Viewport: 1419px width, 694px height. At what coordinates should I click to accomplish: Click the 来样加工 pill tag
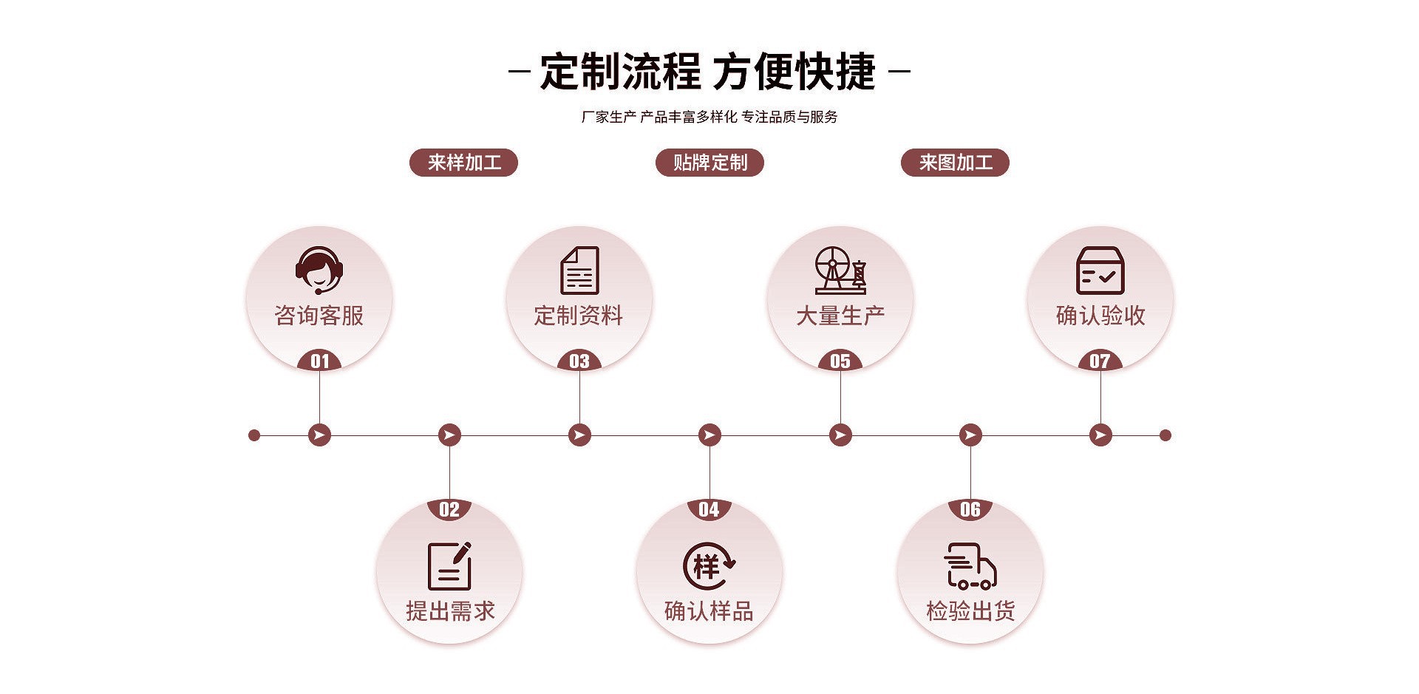(463, 163)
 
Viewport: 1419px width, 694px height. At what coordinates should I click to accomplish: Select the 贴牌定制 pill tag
(709, 163)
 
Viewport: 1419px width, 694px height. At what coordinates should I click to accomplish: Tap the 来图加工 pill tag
(955, 163)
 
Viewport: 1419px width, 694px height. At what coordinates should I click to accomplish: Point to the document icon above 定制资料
(579, 271)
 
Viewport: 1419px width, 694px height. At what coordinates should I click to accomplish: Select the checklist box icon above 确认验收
(1100, 271)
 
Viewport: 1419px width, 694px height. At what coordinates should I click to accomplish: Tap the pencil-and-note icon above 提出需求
(449, 566)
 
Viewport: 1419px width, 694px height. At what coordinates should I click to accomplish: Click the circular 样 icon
(709, 566)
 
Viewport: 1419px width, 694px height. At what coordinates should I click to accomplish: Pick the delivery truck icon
(970, 566)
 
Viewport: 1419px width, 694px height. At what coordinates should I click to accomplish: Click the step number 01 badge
(319, 361)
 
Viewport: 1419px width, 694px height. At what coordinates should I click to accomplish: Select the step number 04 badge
(709, 509)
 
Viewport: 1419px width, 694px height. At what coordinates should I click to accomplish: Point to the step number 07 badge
(1100, 361)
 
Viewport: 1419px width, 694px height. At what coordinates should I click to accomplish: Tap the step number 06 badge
(970, 509)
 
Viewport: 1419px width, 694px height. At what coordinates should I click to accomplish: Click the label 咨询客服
(319, 316)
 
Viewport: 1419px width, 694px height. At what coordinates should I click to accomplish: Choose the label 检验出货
(970, 611)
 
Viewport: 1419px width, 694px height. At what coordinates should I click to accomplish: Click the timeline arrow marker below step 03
(579, 435)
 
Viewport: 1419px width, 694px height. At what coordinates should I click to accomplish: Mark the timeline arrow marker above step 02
(449, 435)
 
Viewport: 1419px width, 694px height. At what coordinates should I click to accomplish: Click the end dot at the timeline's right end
(1166, 435)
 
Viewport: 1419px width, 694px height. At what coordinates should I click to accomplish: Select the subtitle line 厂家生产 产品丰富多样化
(659, 117)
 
